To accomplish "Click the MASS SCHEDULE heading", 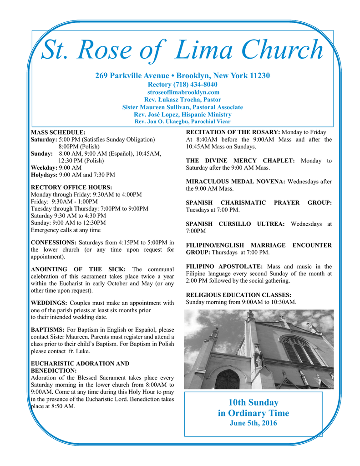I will (x=58, y=132).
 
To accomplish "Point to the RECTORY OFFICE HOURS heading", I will (x=71, y=187).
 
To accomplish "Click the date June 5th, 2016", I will (x=253, y=423).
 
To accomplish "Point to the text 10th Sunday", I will (x=253, y=402).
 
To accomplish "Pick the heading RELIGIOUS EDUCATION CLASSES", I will (x=238, y=295).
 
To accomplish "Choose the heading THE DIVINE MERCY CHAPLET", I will (x=240, y=161).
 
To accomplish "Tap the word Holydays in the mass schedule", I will (x=44, y=174).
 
